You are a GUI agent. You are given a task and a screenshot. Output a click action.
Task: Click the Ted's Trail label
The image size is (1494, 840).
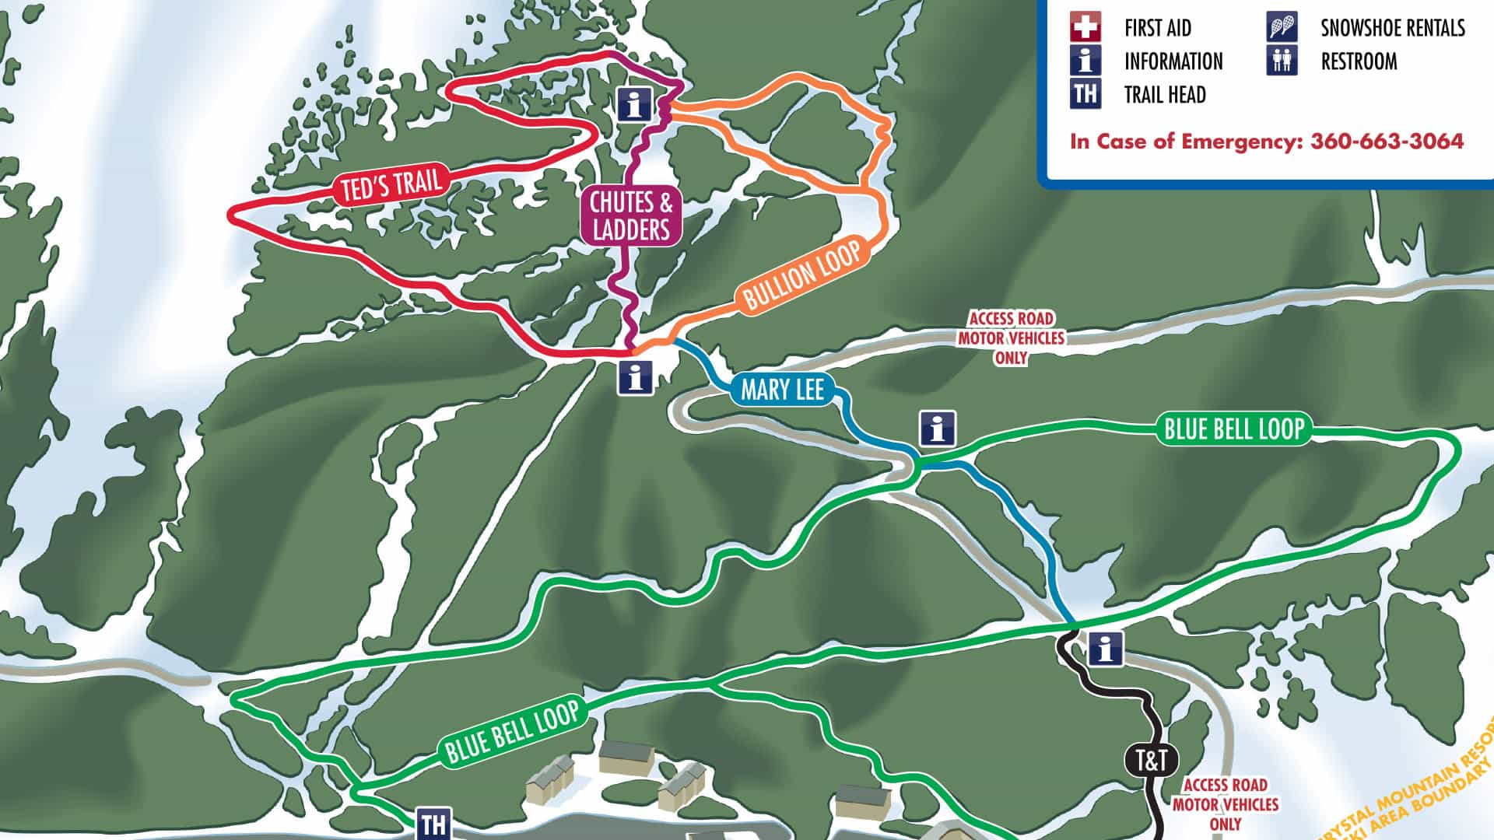click(x=391, y=184)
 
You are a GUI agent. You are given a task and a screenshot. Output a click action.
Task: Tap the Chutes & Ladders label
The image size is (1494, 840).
click(x=631, y=216)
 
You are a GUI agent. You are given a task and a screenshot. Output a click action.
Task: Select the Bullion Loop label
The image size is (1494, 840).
click(x=801, y=275)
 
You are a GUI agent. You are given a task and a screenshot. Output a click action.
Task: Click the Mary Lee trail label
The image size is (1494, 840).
click(x=782, y=389)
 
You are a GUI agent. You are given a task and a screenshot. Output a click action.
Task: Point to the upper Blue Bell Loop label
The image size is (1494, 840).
click(x=1233, y=429)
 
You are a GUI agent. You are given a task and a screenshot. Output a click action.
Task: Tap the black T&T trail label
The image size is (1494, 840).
click(x=1152, y=760)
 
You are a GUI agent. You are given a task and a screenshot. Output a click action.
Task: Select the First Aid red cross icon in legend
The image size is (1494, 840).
click(x=1085, y=27)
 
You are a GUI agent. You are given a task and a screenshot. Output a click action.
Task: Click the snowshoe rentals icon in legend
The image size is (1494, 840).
click(x=1282, y=27)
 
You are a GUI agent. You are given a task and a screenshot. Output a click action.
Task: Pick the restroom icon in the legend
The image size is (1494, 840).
click(x=1282, y=61)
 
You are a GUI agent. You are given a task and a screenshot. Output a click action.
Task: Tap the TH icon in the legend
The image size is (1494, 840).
click(x=1085, y=94)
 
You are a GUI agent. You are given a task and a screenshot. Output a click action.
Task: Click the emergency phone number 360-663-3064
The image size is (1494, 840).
click(x=1387, y=142)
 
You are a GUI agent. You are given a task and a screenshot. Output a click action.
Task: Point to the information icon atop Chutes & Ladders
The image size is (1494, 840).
click(x=635, y=103)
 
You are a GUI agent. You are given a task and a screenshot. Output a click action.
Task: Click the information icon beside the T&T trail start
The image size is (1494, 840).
click(x=1105, y=648)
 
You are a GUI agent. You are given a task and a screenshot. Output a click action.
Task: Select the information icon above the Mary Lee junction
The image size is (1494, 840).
click(x=938, y=429)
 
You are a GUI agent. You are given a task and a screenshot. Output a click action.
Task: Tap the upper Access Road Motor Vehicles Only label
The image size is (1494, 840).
click(x=1011, y=338)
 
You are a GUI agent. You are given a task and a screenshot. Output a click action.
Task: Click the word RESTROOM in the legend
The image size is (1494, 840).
click(x=1359, y=61)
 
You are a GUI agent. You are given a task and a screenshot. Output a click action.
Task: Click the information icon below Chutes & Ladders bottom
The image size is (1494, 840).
click(x=636, y=378)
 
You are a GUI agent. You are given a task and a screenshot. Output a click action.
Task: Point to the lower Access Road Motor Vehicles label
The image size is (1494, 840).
click(x=1225, y=804)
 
